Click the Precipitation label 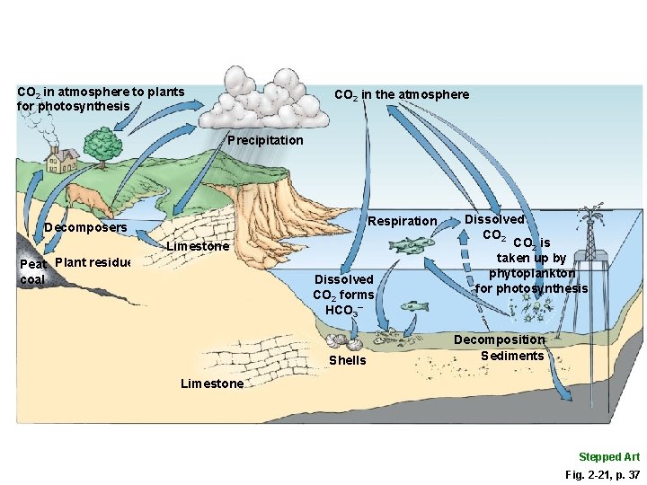[x=265, y=140]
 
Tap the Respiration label [x=403, y=221]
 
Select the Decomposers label [x=85, y=227]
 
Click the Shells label [x=348, y=360]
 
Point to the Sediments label [x=512, y=356]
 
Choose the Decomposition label [x=499, y=339]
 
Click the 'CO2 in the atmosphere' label [x=401, y=94]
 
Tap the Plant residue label [x=93, y=263]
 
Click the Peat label [x=33, y=265]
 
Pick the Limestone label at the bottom [x=211, y=384]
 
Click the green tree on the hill [x=100, y=144]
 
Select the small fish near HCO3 [x=414, y=306]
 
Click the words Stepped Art [x=608, y=457]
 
